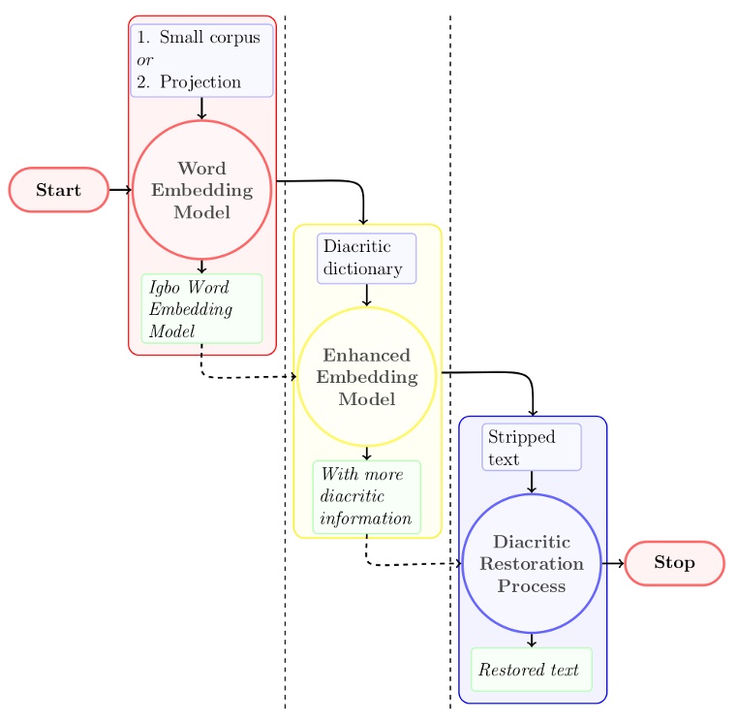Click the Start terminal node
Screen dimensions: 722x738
point(58,190)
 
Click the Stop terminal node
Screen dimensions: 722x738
point(674,563)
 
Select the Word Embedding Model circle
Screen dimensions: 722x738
point(201,190)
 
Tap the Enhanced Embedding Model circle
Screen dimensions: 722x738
point(366,377)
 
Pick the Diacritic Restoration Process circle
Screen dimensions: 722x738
point(532,563)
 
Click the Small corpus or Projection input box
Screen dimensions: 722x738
point(201,60)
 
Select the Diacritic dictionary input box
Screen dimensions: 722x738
point(366,258)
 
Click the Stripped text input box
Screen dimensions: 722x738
point(532,447)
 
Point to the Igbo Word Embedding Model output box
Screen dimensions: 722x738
point(201,308)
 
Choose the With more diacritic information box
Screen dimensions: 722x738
point(366,496)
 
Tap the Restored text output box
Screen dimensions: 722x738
point(531,670)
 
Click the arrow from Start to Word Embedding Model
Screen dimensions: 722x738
point(120,190)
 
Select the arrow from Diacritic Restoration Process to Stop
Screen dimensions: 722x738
point(613,563)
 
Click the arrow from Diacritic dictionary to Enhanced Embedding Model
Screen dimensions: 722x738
point(366,296)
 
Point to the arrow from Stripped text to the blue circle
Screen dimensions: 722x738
point(532,482)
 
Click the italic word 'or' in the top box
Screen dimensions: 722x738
point(145,60)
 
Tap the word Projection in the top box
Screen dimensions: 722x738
point(200,82)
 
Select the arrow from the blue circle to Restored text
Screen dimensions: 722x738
point(532,641)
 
